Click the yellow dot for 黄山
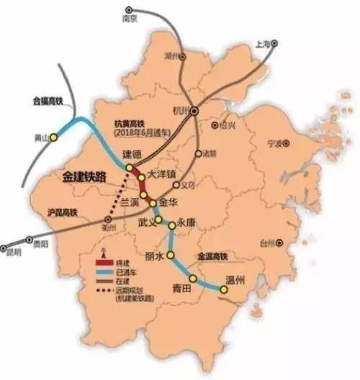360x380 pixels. point(53,137)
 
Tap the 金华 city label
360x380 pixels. point(169,202)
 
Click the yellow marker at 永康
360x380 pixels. point(171,225)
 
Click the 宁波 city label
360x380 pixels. point(274,142)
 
